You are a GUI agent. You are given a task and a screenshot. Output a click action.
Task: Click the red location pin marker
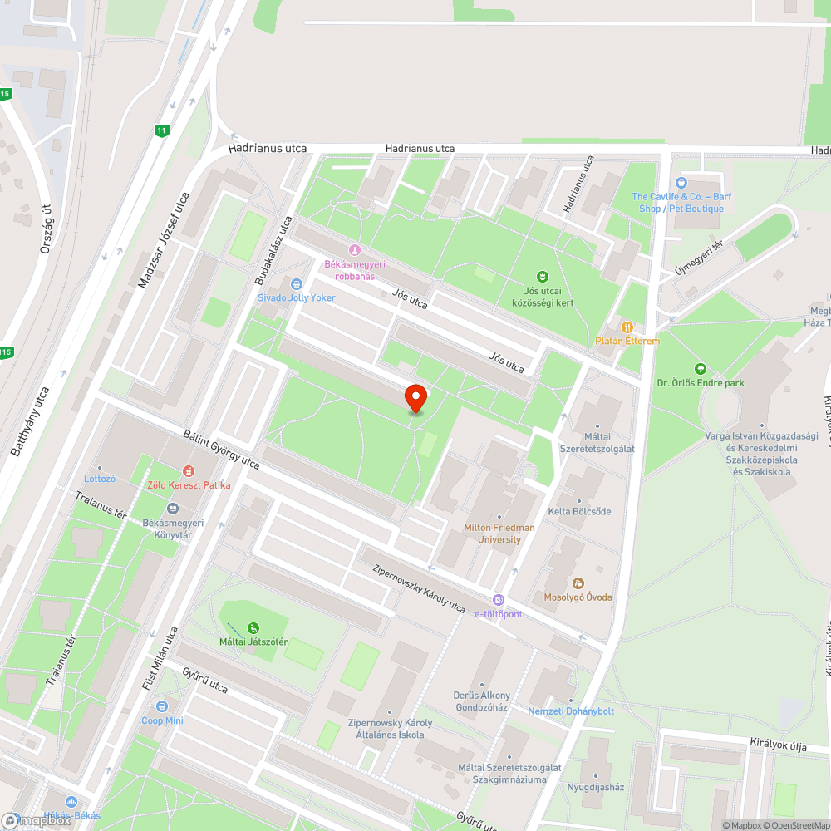coord(415,398)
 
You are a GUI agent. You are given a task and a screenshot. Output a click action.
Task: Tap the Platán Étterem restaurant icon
coord(627,327)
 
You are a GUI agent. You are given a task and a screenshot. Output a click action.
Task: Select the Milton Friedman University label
coord(499,534)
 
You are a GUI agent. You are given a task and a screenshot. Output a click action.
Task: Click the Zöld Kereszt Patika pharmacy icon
coord(189,471)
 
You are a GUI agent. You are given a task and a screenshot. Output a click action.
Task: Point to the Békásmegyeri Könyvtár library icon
coord(173,509)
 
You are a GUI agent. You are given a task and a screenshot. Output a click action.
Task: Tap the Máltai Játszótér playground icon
coord(253,628)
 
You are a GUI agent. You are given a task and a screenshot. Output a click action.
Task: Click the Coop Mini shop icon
coord(161,706)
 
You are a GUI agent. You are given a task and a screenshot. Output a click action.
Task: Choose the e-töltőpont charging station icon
coord(498,600)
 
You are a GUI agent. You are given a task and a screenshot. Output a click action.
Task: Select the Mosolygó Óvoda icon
coord(578,583)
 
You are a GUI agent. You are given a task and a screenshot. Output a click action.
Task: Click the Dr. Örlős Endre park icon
coord(700,369)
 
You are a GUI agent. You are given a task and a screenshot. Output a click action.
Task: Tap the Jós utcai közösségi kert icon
coord(543,277)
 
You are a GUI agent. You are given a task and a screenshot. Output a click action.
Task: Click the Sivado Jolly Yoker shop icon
coord(296,284)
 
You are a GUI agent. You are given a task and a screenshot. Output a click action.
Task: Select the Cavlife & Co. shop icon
coord(681,182)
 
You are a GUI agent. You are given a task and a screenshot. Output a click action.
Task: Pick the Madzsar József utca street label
coord(165,241)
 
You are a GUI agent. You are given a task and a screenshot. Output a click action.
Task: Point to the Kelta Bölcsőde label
coord(579,511)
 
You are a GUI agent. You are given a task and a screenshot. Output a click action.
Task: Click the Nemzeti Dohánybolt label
coord(571,711)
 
